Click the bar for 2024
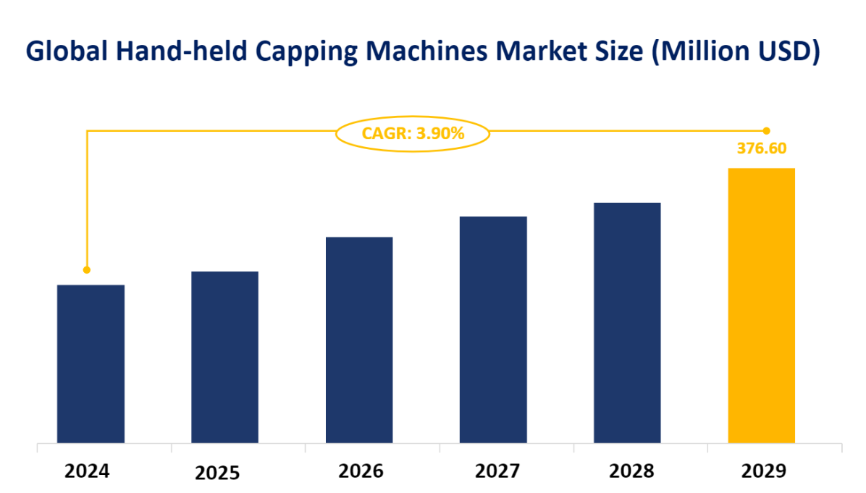click(x=91, y=363)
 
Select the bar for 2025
click(x=224, y=357)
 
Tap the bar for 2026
click(x=359, y=340)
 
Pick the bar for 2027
click(x=493, y=329)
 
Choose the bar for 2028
click(x=627, y=322)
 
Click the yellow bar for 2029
click(x=761, y=306)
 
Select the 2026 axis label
click(x=361, y=471)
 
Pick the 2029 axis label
click(x=763, y=471)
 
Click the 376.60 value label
click(x=762, y=149)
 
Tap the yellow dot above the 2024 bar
click(x=87, y=270)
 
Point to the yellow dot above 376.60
click(x=766, y=131)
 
